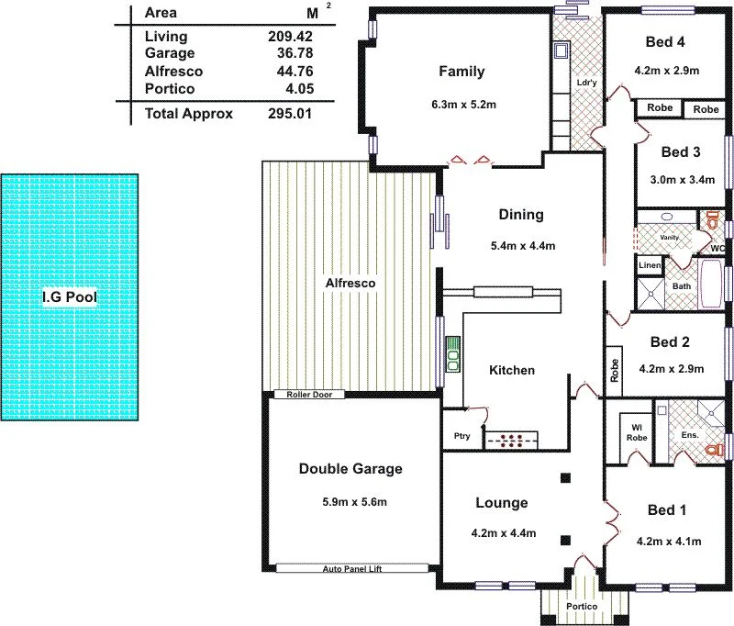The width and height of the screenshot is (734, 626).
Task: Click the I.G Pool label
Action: pos(70,297)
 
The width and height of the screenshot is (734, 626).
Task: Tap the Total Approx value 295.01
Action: pos(306,114)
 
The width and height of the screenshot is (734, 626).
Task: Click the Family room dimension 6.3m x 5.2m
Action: pos(465,105)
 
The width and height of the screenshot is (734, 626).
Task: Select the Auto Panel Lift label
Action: pos(351,569)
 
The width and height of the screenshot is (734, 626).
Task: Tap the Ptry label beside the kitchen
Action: pos(462,436)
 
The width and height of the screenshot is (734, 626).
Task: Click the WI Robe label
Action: pos(637,432)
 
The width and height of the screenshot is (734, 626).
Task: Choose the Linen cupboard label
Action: pos(650,265)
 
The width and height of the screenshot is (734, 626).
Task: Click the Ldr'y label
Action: pos(586,84)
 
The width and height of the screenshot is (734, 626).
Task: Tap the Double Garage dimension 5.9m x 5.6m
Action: pos(350,501)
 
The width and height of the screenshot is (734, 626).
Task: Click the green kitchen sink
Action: pos(452,354)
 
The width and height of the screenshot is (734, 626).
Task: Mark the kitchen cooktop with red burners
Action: pos(515,440)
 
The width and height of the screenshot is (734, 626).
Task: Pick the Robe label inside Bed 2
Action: pos(614,369)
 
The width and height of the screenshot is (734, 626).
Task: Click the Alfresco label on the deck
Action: pos(350,284)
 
